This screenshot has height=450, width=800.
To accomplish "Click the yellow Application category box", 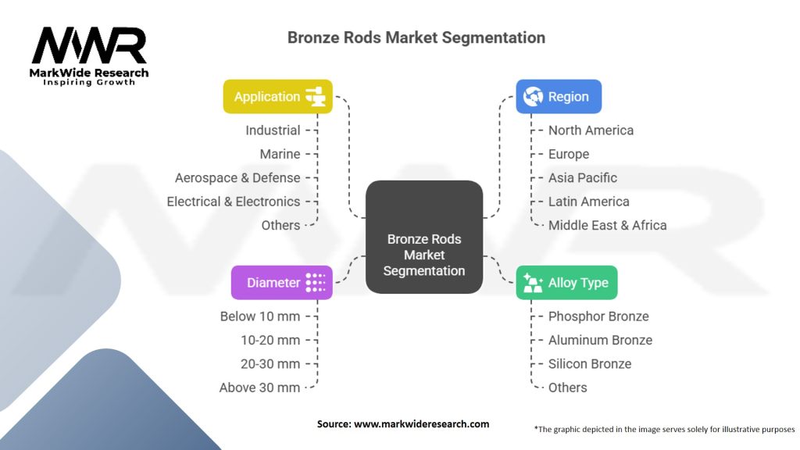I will [x=277, y=97].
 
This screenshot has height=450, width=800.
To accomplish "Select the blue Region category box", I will [x=558, y=97].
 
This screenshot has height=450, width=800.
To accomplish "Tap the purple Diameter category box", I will [x=281, y=283].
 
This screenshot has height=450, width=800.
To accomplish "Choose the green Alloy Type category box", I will [x=566, y=283].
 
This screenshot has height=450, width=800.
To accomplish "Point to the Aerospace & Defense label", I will [x=237, y=178].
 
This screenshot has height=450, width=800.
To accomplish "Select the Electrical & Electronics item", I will [x=234, y=202].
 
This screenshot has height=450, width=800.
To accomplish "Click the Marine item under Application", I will [x=280, y=154].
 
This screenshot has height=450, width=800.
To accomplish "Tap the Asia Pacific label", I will [x=582, y=178].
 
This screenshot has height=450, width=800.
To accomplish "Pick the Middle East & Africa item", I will [x=607, y=225].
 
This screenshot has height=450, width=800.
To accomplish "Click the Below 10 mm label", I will [x=259, y=316].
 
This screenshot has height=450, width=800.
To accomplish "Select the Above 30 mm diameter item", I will [x=259, y=387].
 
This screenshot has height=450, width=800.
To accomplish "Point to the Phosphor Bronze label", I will [x=598, y=316].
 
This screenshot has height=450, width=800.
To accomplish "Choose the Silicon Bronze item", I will [x=589, y=364].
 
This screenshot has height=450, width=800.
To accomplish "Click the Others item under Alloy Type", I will [x=567, y=387].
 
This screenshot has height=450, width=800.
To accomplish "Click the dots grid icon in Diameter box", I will [x=316, y=283].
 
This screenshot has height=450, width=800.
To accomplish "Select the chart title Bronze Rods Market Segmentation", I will [x=416, y=37].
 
